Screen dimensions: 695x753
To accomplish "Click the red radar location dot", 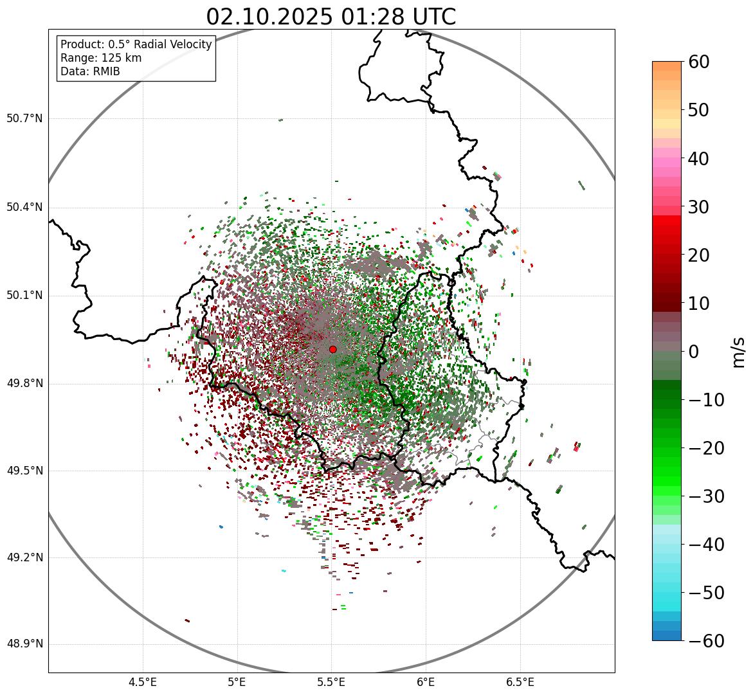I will click(x=332, y=349).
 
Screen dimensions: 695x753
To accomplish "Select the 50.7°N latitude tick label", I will click(x=24, y=118).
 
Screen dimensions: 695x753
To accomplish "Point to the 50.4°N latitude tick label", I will click(x=24, y=207).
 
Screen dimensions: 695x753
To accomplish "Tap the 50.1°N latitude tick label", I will click(x=24, y=296).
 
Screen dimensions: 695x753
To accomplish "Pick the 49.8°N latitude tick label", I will click(x=24, y=384).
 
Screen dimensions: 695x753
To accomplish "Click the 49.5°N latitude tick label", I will click(x=24, y=471).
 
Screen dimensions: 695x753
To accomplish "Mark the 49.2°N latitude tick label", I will click(x=24, y=557).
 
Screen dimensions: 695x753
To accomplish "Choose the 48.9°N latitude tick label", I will click(x=24, y=644).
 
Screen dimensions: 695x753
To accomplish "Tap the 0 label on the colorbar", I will click(x=693, y=352).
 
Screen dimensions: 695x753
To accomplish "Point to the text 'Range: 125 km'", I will click(x=101, y=58).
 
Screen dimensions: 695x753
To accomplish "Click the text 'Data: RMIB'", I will click(x=90, y=71).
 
